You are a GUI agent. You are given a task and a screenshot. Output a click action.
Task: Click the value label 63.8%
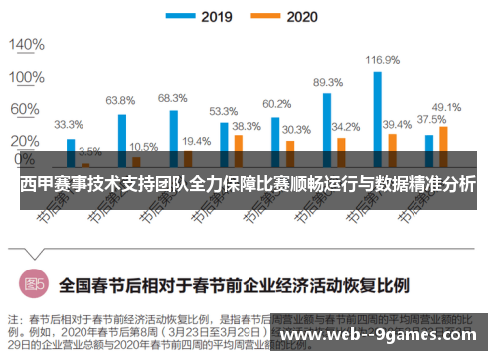(120, 100)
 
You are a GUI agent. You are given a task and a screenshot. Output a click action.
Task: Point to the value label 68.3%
(172, 97)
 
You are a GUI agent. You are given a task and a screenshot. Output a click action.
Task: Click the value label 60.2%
(276, 103)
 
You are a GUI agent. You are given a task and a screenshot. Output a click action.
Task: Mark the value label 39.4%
(397, 125)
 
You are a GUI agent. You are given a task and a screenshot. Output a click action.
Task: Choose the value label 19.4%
(196, 141)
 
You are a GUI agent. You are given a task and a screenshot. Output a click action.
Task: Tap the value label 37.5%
(430, 120)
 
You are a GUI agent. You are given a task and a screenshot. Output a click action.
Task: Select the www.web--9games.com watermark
(387, 334)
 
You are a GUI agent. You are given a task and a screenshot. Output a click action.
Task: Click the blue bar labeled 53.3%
(224, 142)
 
